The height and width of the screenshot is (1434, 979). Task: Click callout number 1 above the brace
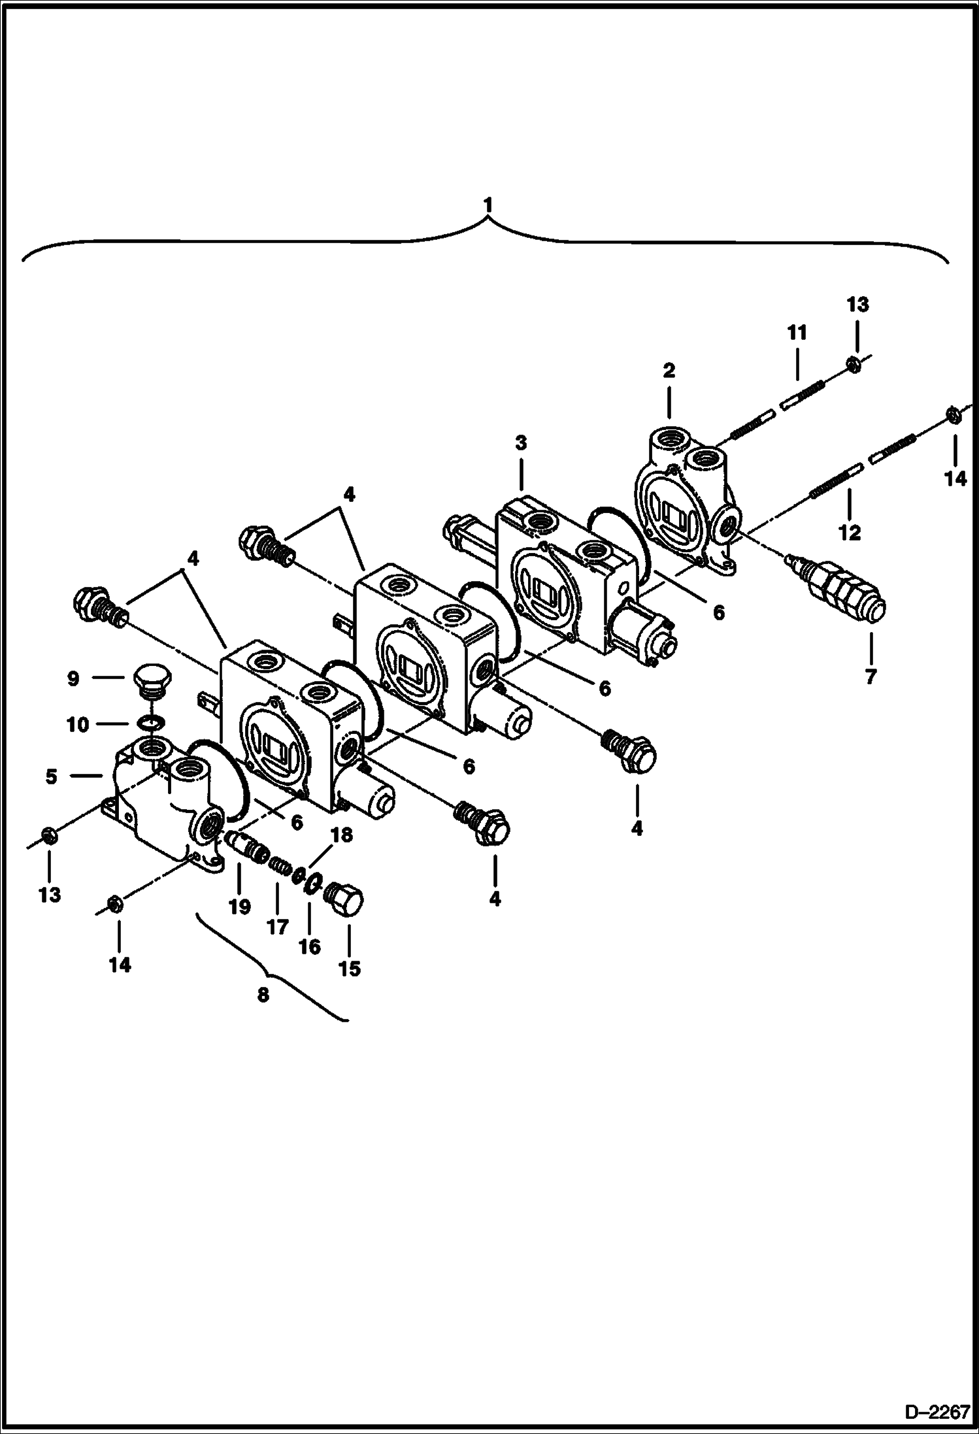(x=488, y=205)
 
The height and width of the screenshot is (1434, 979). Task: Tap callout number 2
(x=669, y=371)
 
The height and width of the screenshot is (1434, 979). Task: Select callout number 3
(x=520, y=443)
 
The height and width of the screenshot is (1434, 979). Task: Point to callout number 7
(x=870, y=677)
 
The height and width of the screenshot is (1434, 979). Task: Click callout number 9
(x=73, y=678)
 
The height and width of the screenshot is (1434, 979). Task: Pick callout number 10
(x=78, y=724)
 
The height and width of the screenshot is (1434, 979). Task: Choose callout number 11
(x=797, y=333)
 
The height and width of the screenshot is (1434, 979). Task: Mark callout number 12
(x=850, y=533)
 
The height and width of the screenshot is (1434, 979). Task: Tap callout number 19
(x=239, y=907)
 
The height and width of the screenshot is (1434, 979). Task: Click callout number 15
(x=350, y=968)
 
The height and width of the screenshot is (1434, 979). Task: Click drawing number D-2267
(x=937, y=1413)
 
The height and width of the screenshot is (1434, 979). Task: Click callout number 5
(x=52, y=776)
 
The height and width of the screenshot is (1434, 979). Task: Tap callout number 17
(x=277, y=926)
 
